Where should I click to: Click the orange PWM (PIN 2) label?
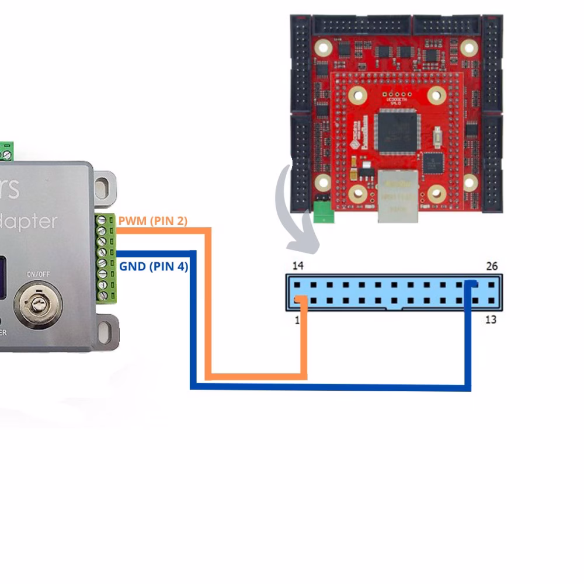[152, 221]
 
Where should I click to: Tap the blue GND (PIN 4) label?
[154, 267]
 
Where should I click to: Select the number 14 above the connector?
[298, 266]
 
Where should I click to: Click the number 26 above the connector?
[492, 266]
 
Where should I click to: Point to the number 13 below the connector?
[491, 319]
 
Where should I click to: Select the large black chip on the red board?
[398, 132]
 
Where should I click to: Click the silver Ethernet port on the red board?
[398, 196]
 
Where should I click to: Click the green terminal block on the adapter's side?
[106, 258]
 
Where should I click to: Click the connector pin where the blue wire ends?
[474, 285]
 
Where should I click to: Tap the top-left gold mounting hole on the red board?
[322, 47]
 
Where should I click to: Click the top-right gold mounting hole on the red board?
[469, 47]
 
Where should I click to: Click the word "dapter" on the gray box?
[29, 222]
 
